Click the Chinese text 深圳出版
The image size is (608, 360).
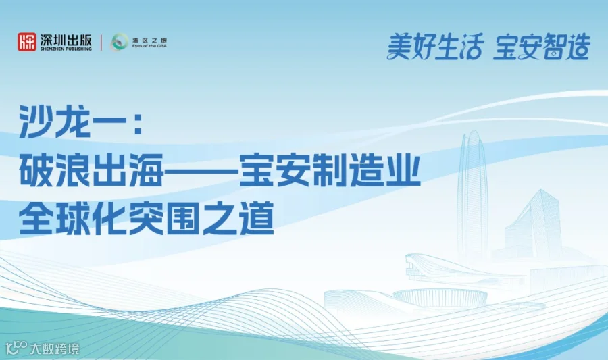point(65,39)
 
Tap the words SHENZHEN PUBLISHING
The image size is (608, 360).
point(65,49)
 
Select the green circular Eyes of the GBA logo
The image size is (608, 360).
point(119,43)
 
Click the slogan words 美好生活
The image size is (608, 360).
point(435,47)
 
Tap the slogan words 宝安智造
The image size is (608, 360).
point(541,47)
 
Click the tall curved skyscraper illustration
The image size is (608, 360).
point(472,196)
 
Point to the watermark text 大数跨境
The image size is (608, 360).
point(53,349)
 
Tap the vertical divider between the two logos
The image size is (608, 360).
point(101,43)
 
